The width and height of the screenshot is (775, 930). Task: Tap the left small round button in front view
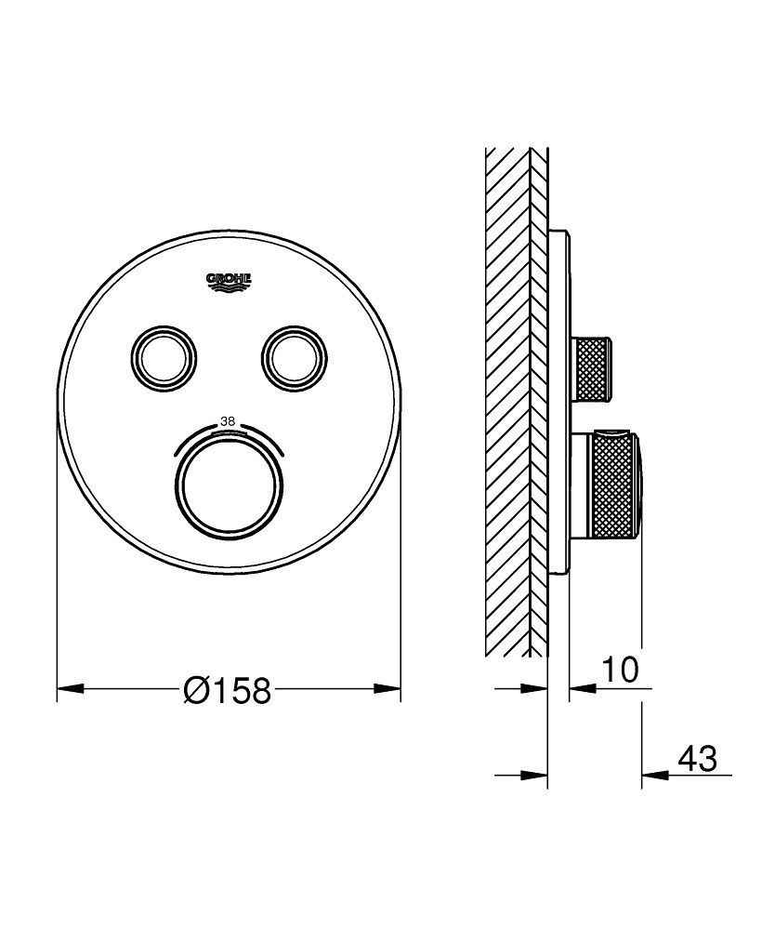163,353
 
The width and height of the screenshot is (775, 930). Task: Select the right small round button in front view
295,353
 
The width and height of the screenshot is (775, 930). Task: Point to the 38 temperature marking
227,421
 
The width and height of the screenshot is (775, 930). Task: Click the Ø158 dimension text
228,690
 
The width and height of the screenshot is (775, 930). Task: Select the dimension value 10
619,671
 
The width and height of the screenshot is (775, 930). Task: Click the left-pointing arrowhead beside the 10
582,689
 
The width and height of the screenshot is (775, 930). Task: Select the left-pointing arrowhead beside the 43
654,775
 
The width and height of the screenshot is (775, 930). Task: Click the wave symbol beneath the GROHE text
229,290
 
